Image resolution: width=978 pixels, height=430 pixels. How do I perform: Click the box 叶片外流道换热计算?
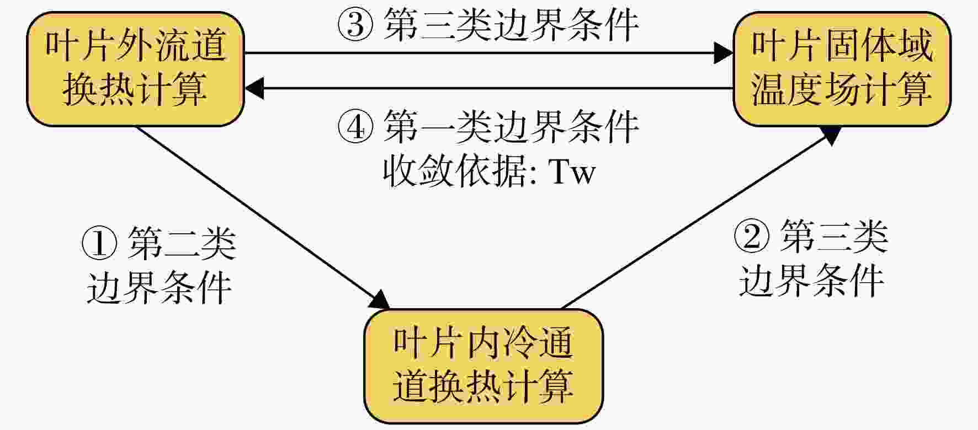[135, 69]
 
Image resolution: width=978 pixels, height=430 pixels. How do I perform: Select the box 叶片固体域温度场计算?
[842, 69]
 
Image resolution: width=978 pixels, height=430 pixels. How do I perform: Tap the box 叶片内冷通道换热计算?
[483, 366]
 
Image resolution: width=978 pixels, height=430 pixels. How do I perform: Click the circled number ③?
[355, 25]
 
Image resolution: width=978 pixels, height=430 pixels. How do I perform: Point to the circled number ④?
[355, 126]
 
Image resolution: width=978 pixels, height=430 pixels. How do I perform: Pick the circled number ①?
[99, 243]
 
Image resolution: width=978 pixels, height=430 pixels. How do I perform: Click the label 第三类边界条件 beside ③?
[511, 25]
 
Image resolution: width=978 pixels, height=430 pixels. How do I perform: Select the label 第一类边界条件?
[511, 126]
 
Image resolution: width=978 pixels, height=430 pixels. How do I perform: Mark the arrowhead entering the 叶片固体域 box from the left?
[724, 53]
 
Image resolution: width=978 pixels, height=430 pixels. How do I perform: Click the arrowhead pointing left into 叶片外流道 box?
[254, 88]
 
